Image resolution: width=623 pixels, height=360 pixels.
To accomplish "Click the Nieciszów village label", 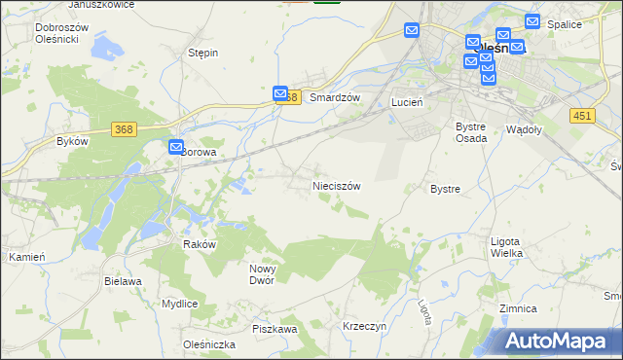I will coord(337,185).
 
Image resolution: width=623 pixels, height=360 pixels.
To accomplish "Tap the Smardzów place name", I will coord(335,98).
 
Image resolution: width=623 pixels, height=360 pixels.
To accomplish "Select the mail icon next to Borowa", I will coord(176,148).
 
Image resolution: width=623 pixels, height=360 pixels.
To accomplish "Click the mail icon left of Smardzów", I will coord(280,93).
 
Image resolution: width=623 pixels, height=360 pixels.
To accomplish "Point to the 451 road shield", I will coord(582,115).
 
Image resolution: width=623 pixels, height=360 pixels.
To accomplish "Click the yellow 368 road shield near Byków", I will coord(123,130).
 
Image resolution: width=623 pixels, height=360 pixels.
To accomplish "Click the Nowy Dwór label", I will coord(263,274).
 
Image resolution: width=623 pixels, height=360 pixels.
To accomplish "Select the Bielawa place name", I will coord(123,281).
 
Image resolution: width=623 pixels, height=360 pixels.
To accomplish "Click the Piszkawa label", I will coord(275,329).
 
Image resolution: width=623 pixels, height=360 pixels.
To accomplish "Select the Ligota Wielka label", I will coord(506,247).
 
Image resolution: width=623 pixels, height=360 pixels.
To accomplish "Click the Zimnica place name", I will coord(517,308).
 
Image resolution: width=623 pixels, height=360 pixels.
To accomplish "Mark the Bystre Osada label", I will coord(471,132).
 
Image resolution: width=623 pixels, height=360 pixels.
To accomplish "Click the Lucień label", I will coord(404,101).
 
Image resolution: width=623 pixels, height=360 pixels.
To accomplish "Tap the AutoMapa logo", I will coord(559,341).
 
